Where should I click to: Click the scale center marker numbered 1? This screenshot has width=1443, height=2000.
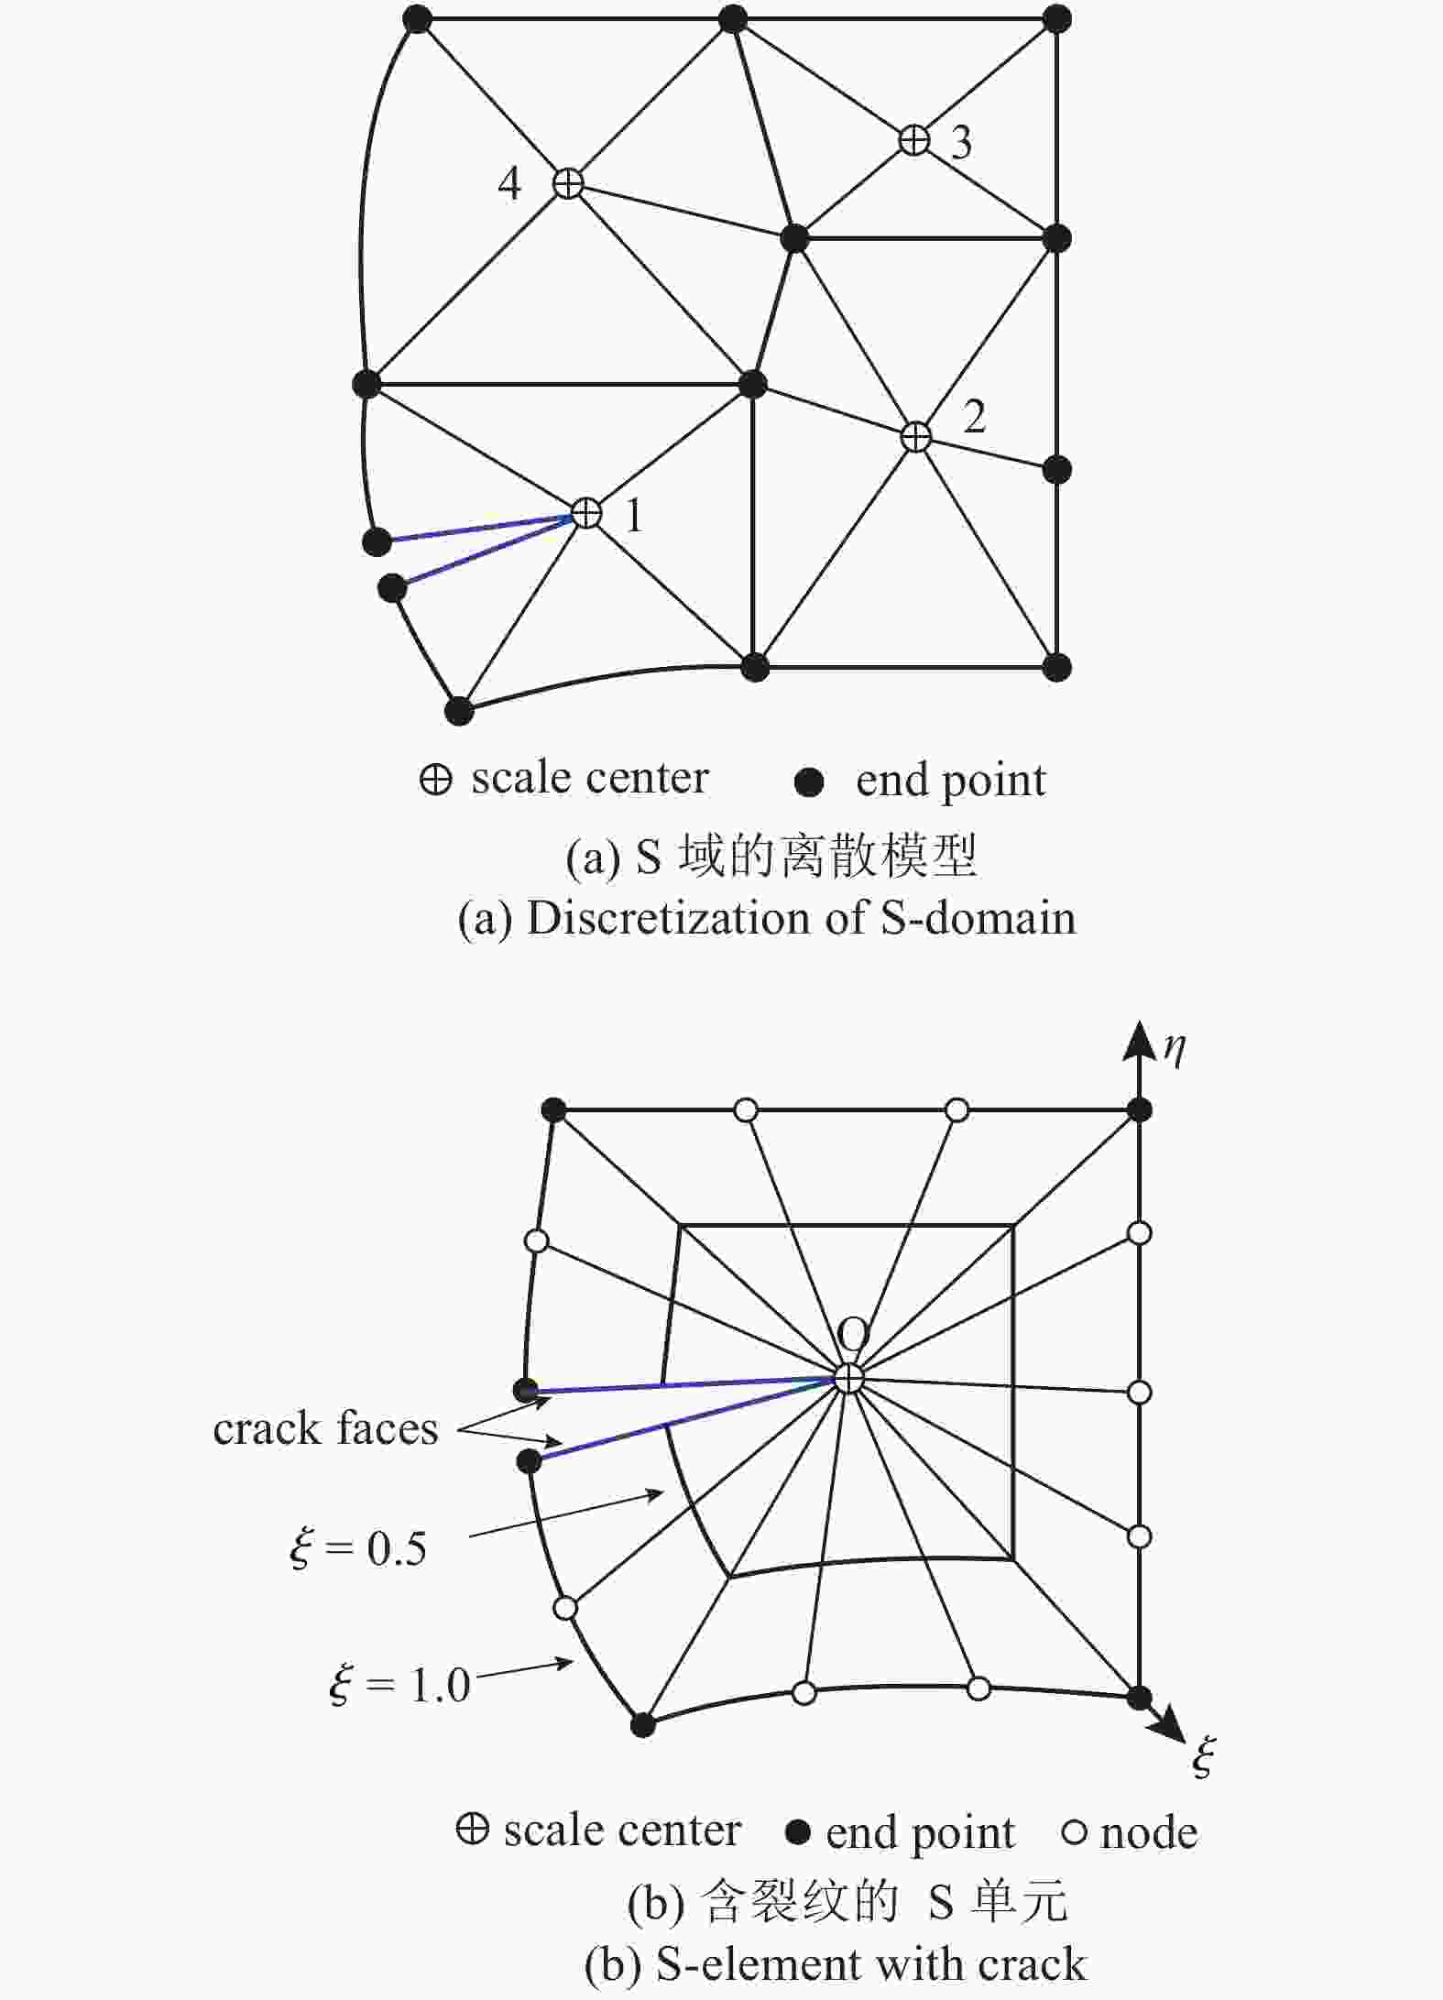point(585,513)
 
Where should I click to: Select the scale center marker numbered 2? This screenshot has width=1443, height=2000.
point(916,437)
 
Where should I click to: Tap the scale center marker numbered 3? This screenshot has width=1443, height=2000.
point(913,140)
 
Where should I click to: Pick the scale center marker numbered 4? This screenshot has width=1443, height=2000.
point(568,183)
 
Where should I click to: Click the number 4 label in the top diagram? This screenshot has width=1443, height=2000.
point(509,183)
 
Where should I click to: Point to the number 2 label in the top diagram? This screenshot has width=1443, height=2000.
point(974,417)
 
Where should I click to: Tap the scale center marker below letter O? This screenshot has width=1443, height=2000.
point(849,1378)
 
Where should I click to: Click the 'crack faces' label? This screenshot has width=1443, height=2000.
point(326,1428)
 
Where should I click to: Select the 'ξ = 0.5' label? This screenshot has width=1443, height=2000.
point(358,1548)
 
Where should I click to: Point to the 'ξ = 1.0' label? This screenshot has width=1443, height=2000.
point(399,1685)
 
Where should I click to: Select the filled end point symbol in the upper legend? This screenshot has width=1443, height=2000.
point(809,781)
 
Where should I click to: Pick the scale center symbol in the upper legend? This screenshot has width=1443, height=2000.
point(435,780)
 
